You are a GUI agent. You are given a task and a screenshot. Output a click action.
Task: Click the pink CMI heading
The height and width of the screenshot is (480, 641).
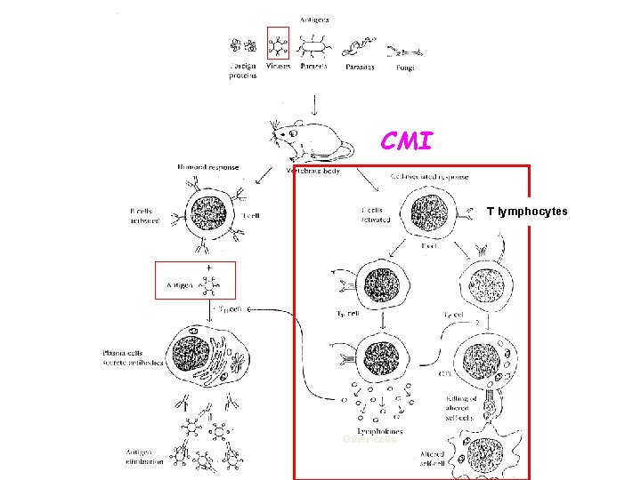407,141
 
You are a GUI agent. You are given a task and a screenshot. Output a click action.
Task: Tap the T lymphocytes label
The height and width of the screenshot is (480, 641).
526,212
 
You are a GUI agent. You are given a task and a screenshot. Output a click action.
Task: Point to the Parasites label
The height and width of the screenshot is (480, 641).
360,67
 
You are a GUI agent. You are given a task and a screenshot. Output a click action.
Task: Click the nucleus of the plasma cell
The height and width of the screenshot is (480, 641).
191,348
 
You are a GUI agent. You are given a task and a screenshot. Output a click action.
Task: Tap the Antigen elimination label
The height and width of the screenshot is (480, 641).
144,456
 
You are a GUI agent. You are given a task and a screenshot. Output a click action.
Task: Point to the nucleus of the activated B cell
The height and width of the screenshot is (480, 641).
210,213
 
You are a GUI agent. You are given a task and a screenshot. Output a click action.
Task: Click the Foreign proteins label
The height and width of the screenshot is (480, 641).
243,71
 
